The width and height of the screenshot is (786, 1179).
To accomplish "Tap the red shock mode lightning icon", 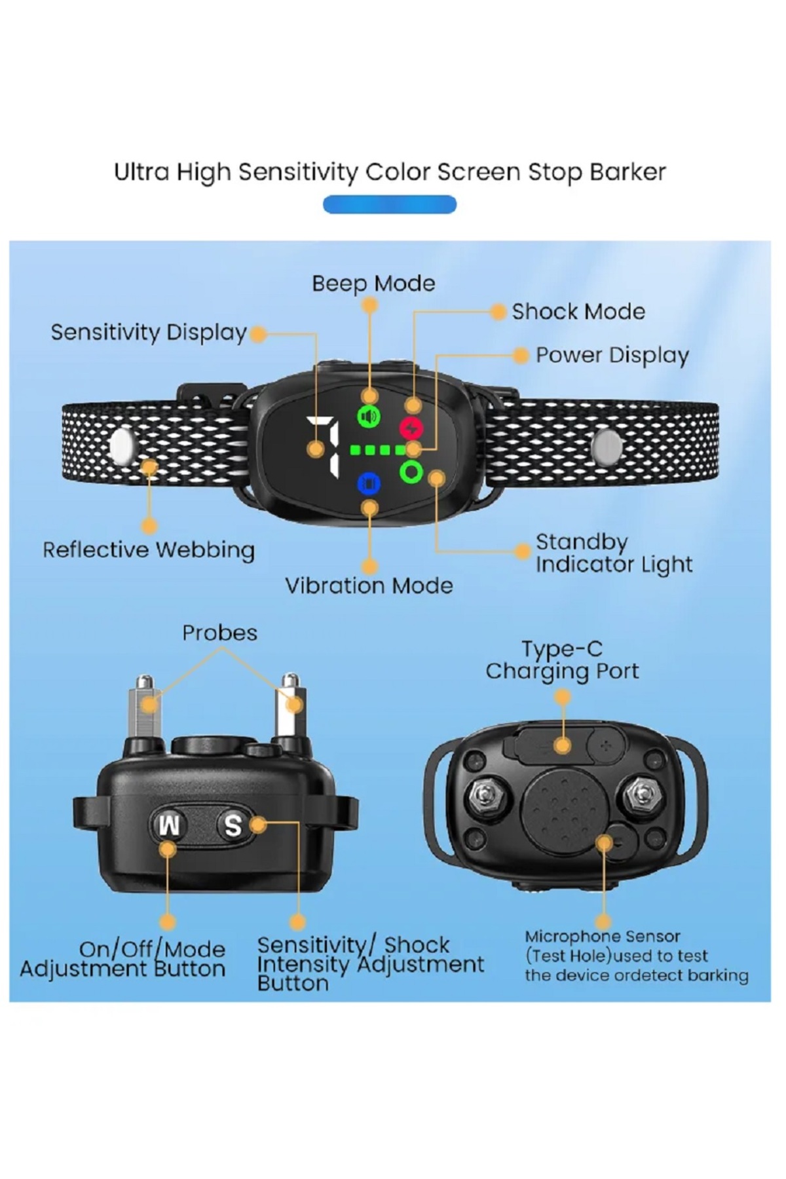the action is (x=411, y=428).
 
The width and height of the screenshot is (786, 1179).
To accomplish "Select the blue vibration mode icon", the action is (x=369, y=483).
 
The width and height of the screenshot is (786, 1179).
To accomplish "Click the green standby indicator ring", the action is (x=411, y=471).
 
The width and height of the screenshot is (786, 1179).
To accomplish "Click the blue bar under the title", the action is (x=390, y=204).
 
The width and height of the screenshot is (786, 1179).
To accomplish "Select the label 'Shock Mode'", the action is (x=578, y=312).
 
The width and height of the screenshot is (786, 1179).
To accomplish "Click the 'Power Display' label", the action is (x=612, y=356).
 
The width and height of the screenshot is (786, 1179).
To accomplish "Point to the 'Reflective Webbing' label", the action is (x=149, y=550).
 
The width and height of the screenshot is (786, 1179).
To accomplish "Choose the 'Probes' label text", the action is (x=219, y=633).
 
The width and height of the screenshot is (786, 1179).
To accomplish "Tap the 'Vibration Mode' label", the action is (x=369, y=586).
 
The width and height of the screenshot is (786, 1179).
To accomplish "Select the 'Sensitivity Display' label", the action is (x=149, y=333).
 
